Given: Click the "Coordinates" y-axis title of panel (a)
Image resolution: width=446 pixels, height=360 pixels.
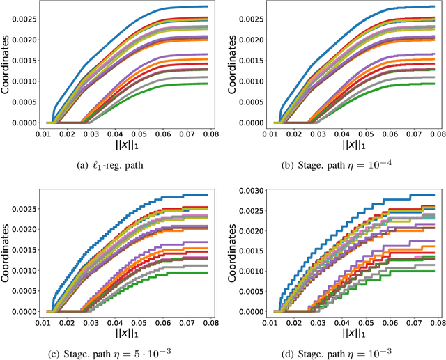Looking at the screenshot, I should [7, 66].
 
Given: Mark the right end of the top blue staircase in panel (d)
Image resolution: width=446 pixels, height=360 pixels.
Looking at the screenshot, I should [434, 195].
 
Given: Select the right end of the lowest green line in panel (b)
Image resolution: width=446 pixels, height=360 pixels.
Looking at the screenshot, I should [434, 84].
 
